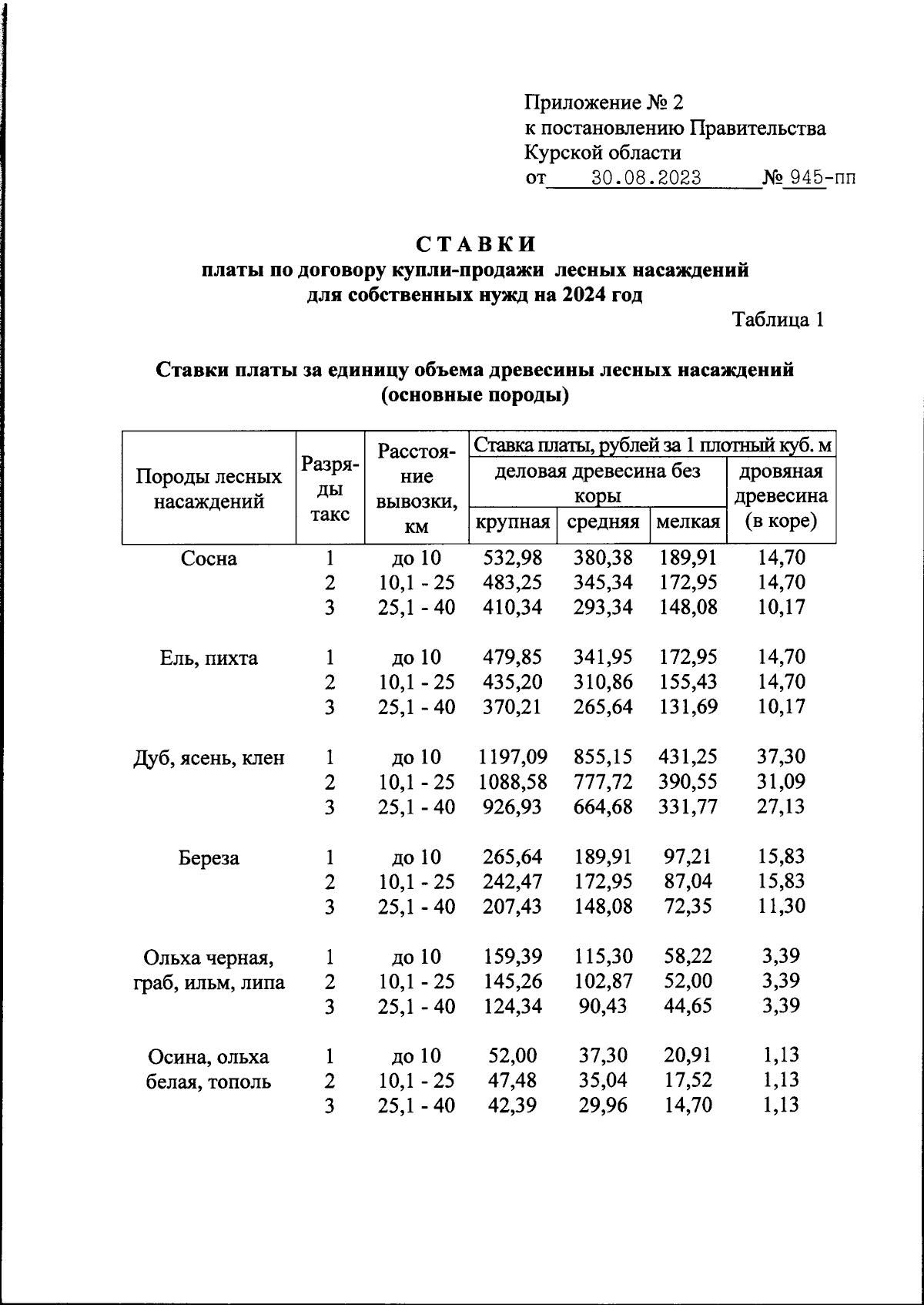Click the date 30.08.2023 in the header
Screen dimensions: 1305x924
click(646, 179)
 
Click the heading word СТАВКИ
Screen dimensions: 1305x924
click(476, 245)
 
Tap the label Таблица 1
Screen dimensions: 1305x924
click(778, 320)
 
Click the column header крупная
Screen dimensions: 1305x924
click(512, 522)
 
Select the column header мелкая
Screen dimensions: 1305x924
click(688, 522)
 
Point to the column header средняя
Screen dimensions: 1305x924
click(603, 522)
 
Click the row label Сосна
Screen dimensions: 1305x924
click(209, 559)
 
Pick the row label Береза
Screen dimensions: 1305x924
click(209, 857)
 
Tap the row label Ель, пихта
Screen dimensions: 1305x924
click(209, 658)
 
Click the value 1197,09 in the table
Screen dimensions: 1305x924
click(512, 757)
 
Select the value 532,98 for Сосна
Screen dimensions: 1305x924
click(512, 558)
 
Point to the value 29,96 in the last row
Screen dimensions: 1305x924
click(603, 1105)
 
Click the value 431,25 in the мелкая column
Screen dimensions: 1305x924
click(688, 757)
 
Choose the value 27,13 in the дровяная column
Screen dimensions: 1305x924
click(781, 807)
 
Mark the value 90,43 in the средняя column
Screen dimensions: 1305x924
click(603, 1006)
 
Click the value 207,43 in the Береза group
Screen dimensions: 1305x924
click(512, 907)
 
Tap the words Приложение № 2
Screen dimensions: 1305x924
click(604, 102)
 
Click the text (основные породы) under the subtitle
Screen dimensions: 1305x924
click(474, 396)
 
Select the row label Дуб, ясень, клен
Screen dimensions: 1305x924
click(209, 758)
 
